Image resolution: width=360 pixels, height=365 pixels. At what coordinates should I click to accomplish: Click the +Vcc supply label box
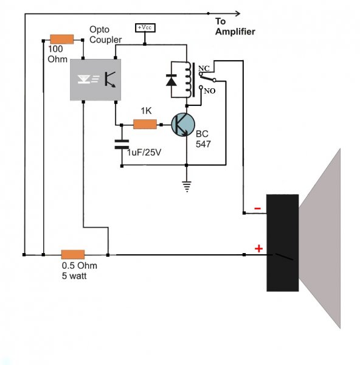(145, 28)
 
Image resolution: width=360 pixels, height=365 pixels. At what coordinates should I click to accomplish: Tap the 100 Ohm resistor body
(62, 40)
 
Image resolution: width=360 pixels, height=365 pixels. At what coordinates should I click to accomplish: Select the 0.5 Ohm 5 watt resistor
(73, 254)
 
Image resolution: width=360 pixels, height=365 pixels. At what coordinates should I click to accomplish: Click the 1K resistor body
(145, 124)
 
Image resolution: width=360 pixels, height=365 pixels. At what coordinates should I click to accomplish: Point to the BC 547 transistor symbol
(183, 125)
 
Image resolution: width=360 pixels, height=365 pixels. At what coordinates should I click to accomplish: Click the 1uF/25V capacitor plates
(122, 144)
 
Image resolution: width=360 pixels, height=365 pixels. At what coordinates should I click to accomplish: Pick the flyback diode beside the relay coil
(171, 80)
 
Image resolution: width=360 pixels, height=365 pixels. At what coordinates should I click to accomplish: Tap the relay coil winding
(188, 79)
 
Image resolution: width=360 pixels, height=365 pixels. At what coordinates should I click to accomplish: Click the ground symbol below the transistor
(187, 187)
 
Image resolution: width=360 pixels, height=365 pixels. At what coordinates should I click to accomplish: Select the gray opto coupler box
(95, 80)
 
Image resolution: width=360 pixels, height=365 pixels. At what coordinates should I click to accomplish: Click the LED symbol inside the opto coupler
(84, 79)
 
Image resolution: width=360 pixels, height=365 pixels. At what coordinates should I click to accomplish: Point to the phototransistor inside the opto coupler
(110, 80)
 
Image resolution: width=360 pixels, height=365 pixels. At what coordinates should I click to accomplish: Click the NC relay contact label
(204, 68)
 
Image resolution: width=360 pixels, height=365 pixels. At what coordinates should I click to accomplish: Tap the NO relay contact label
(210, 91)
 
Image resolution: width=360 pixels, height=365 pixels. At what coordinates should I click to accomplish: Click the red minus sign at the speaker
(257, 208)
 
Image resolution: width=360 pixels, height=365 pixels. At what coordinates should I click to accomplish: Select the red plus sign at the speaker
(258, 249)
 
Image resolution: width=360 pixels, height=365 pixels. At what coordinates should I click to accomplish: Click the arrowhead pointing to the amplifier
(238, 13)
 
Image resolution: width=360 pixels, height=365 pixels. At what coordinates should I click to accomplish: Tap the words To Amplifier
(235, 26)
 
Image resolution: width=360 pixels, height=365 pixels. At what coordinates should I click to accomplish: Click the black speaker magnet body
(283, 243)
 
